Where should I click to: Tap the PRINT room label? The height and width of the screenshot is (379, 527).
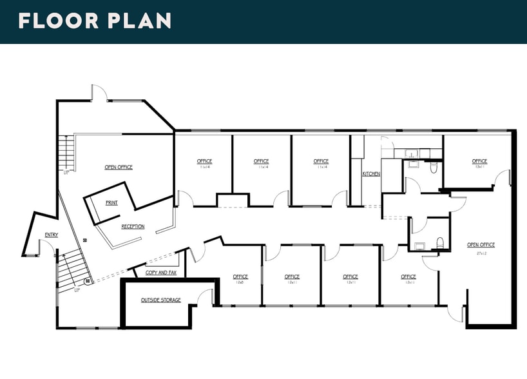[111, 202]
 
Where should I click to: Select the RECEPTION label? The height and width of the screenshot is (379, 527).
[133, 226]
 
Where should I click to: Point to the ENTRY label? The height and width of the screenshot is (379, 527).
[52, 234]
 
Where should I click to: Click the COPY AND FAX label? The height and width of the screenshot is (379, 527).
[161, 273]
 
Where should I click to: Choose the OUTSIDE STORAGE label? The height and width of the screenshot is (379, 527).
[161, 300]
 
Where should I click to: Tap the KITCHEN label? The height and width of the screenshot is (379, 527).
[371, 174]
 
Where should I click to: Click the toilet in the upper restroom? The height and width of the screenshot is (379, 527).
[434, 168]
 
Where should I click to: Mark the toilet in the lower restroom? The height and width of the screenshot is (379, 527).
[440, 242]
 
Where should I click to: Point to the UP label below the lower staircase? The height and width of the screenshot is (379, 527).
[77, 290]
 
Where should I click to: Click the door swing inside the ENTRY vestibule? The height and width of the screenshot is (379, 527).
[46, 246]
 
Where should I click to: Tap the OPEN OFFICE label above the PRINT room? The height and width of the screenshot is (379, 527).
[119, 167]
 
